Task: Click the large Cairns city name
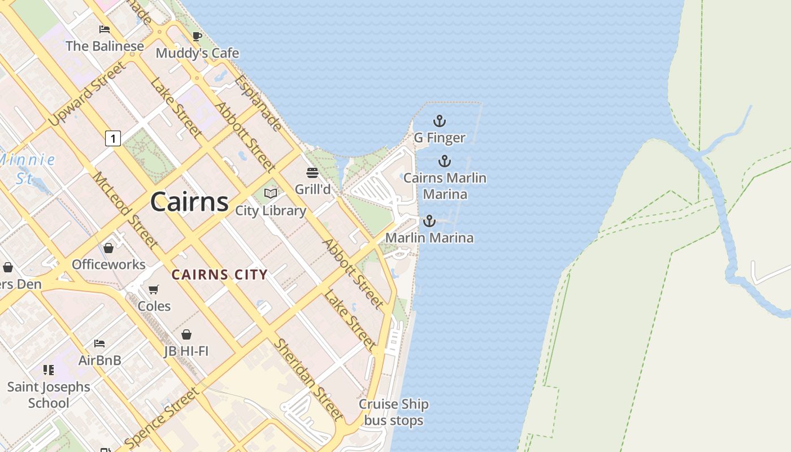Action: pos(189,202)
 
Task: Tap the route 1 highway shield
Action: pos(113,138)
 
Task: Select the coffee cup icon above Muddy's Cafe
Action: pos(197,37)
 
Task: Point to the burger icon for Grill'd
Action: pos(312,172)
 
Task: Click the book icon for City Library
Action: pos(271,194)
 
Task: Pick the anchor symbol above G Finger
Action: pos(439,121)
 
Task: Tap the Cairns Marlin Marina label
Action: pos(445,186)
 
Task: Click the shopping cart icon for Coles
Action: pos(153,290)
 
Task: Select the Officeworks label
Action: pos(108,264)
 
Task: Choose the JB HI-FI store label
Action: pos(186,351)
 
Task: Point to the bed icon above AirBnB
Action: pos(99,343)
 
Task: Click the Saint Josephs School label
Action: pos(49,395)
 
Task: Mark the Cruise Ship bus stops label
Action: pos(394,412)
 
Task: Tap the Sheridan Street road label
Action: pos(308,379)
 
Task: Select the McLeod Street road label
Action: pos(125,210)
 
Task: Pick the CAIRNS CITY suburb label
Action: pos(219,275)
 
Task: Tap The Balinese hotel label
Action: pos(105,46)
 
